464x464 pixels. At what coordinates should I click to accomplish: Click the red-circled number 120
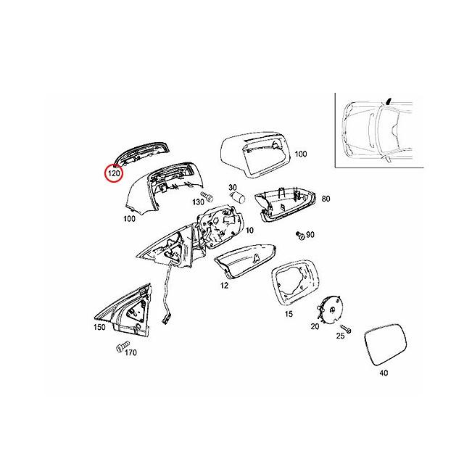coord(115,174)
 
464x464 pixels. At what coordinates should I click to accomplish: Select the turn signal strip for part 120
coord(142,152)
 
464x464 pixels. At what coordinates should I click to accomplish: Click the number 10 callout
coord(249,230)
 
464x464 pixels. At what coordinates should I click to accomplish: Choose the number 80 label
coord(326,198)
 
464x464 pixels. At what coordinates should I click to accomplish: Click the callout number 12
coord(224,286)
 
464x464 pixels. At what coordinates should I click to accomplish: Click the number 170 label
coord(130,353)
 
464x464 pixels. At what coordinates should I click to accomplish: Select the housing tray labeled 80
coord(284,204)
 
